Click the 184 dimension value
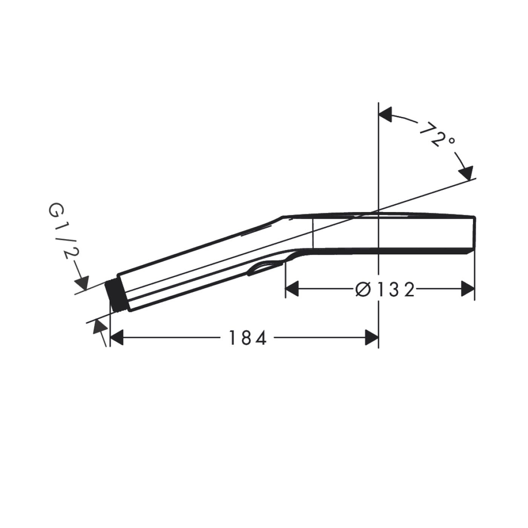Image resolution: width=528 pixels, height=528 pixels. (x=247, y=338)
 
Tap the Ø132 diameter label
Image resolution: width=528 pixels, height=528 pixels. (x=385, y=289)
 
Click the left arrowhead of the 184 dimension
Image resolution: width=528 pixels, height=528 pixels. (x=117, y=338)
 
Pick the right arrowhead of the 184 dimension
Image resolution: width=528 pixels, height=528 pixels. (x=371, y=338)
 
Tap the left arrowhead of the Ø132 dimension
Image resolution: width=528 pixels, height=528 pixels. (x=292, y=289)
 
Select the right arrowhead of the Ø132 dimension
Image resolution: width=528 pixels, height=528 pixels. (x=468, y=289)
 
